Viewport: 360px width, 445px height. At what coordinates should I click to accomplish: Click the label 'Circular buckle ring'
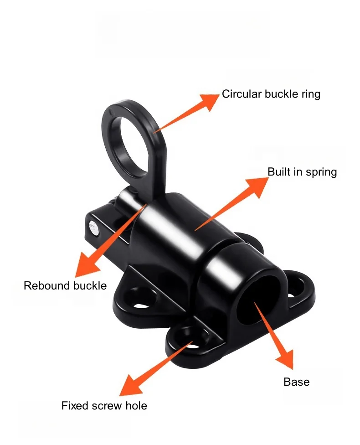[271, 94]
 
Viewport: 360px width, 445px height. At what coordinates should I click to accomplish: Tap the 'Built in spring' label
[302, 172]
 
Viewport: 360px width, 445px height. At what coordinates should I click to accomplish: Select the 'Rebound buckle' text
[65, 286]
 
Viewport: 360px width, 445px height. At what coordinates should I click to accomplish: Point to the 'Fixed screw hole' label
[104, 405]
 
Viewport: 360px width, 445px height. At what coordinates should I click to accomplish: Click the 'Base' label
[296, 382]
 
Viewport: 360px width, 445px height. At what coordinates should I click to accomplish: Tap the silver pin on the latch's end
[93, 227]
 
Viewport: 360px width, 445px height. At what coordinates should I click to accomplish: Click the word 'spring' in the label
[322, 172]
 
